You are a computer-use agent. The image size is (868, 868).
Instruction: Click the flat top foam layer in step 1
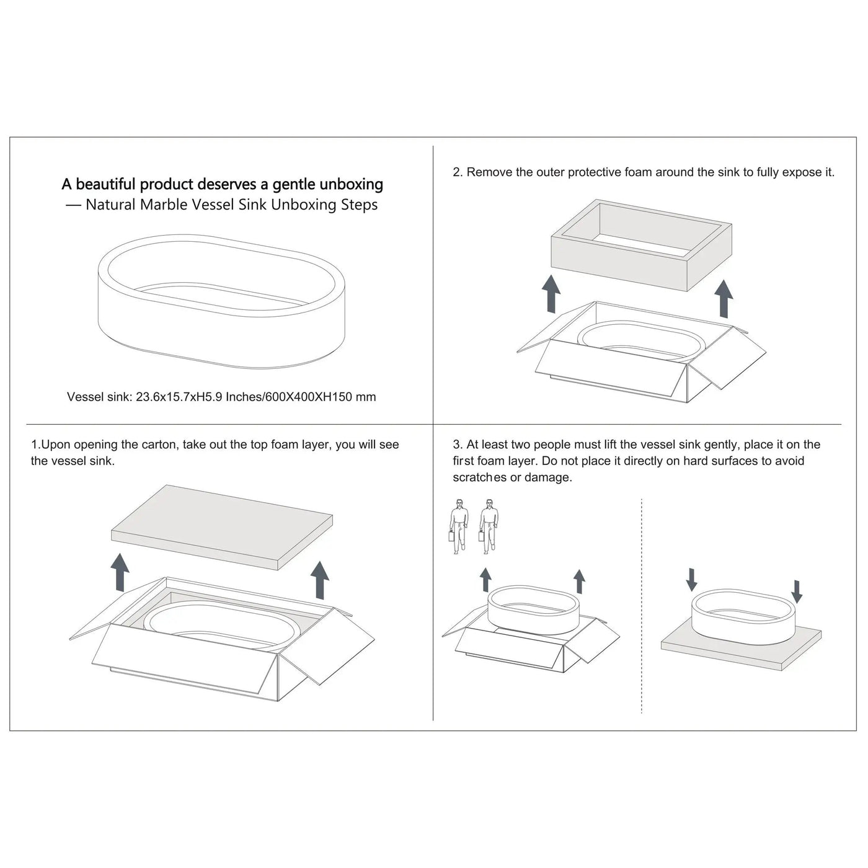[221, 527]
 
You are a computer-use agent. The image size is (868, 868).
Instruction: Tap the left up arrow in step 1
[120, 572]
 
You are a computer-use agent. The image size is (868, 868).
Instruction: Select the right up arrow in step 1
[320, 580]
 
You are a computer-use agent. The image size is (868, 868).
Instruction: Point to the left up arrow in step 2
[551, 294]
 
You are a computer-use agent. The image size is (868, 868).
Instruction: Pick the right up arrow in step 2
[724, 298]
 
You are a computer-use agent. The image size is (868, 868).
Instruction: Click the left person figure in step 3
[459, 526]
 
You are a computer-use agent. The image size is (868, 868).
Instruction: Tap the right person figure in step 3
[489, 526]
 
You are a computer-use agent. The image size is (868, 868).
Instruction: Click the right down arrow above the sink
[797, 592]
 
